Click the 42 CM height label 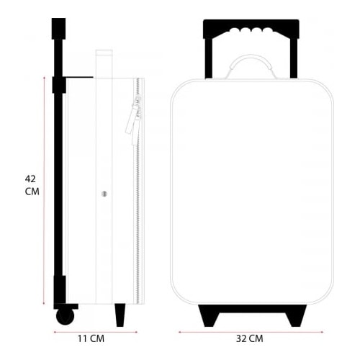click(32, 185)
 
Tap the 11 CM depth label click(91, 338)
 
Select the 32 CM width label click(250, 338)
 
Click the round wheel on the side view click(65, 317)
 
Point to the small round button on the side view click(104, 194)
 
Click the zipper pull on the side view click(132, 120)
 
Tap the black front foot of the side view click(120, 315)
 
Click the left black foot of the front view click(209, 315)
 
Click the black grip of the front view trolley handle click(251, 29)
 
